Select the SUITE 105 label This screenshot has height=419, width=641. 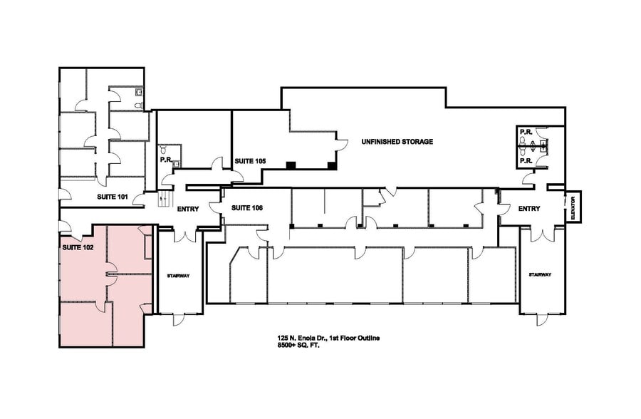[250, 162]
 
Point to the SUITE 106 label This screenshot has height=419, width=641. [246, 208]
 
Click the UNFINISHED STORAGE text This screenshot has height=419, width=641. [397, 142]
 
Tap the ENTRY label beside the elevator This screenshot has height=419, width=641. [529, 209]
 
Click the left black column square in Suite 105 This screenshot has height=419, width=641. [291, 165]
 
